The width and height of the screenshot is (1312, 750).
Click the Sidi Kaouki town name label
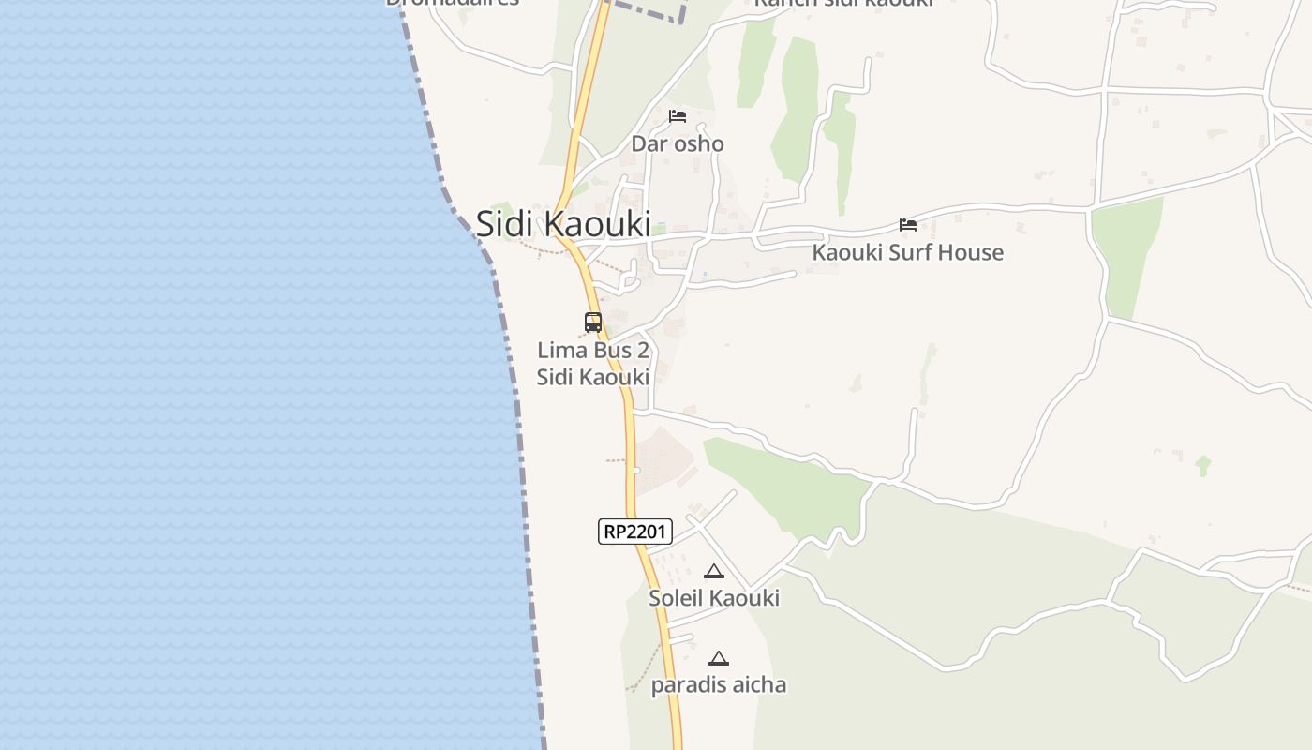(563, 225)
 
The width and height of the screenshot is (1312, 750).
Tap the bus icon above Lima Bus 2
(593, 322)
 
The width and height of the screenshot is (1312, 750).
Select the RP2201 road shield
(635, 532)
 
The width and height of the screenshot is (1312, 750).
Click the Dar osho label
(678, 143)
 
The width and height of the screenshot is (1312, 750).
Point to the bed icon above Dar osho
(678, 116)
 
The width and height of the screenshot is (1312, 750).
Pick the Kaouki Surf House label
(907, 252)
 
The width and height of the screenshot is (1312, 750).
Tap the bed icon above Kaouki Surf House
(907, 225)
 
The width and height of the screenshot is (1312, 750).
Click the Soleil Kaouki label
(714, 598)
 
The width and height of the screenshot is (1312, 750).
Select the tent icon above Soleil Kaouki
(714, 571)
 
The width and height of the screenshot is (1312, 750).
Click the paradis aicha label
(719, 685)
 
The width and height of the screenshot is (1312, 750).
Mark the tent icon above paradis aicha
(719, 658)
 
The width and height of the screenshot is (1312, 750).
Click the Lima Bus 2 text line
(593, 351)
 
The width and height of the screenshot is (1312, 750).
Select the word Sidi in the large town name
(506, 225)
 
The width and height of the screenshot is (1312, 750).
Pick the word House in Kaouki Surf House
(971, 252)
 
